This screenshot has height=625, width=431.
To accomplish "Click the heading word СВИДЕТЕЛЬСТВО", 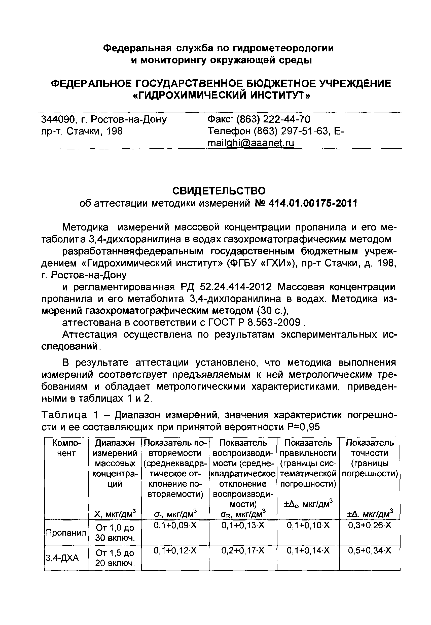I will (219, 191).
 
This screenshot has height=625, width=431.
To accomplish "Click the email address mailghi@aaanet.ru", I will (250, 143).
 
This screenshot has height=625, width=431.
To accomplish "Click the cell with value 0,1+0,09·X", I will (175, 525).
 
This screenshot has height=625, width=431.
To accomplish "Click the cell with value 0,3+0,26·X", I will (369, 525).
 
